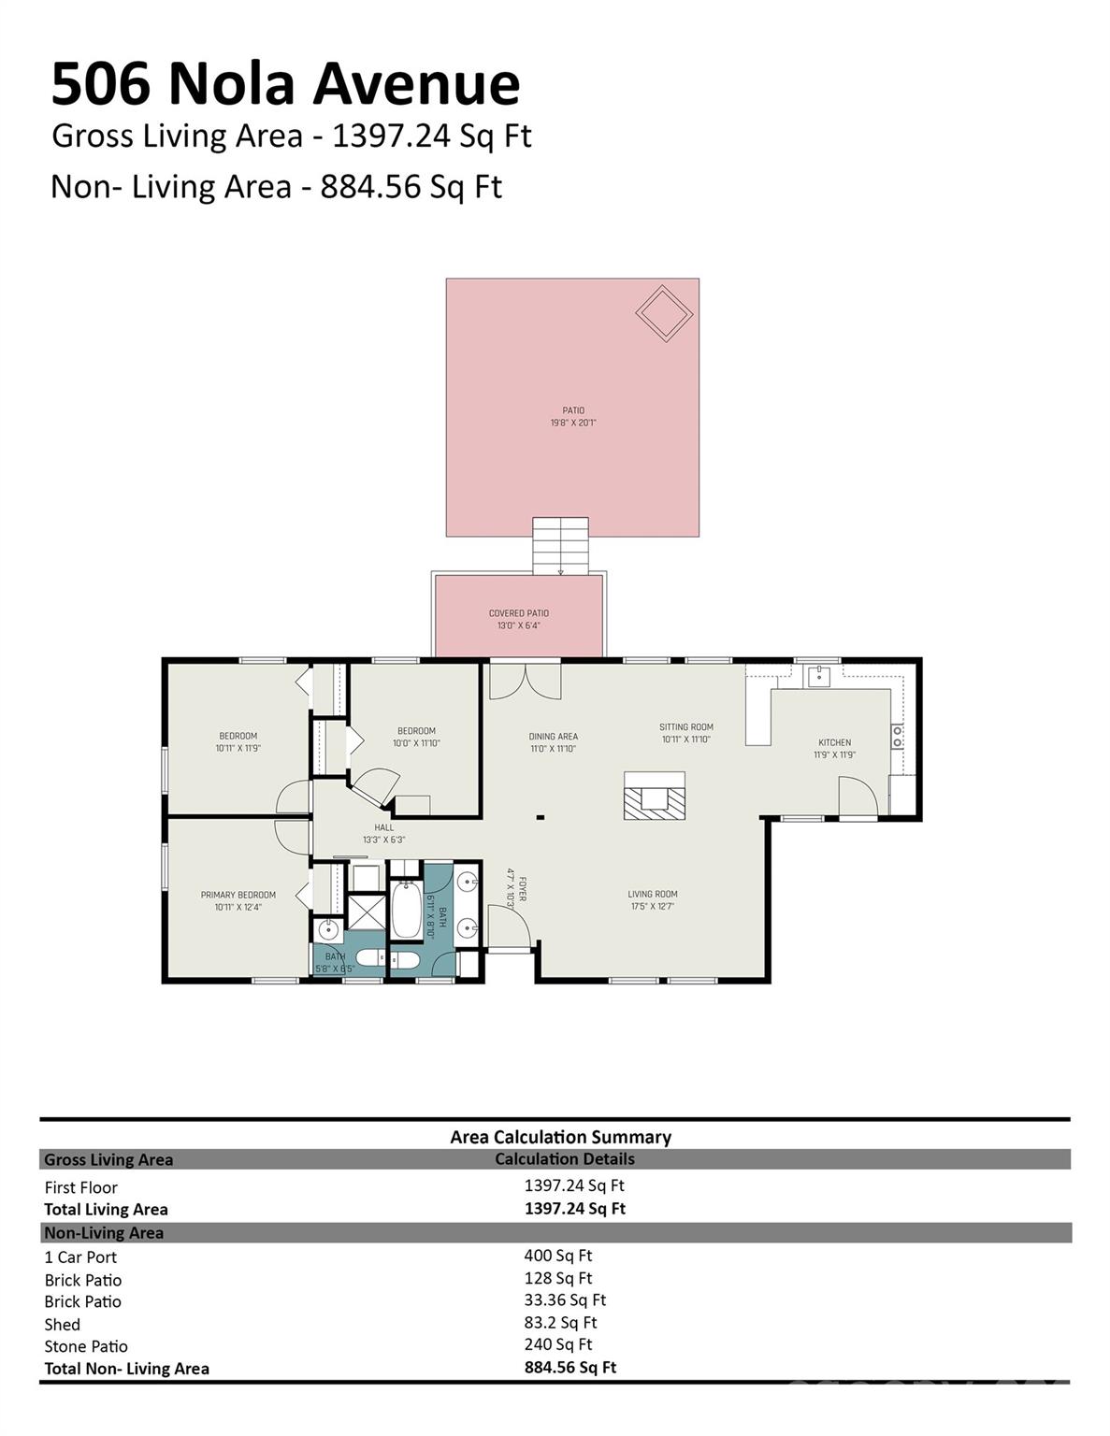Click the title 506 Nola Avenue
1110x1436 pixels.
pyautogui.click(x=285, y=83)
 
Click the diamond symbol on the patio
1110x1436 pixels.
pyautogui.click(x=664, y=313)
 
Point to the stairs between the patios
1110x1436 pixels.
pyautogui.click(x=560, y=546)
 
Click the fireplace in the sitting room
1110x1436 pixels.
pyautogui.click(x=654, y=797)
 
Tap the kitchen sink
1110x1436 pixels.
pyautogui.click(x=818, y=676)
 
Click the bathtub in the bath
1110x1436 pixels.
pyautogui.click(x=406, y=910)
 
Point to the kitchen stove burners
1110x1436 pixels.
pyautogui.click(x=897, y=736)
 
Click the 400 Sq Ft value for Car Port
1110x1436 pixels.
pyautogui.click(x=557, y=1256)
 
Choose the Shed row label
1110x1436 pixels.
pyautogui.click(x=62, y=1324)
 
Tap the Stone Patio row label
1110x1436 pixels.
pyautogui.click(x=85, y=1346)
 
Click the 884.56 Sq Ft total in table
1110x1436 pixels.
pyautogui.click(x=569, y=1367)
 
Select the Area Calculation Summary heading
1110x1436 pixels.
pyautogui.click(x=560, y=1137)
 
